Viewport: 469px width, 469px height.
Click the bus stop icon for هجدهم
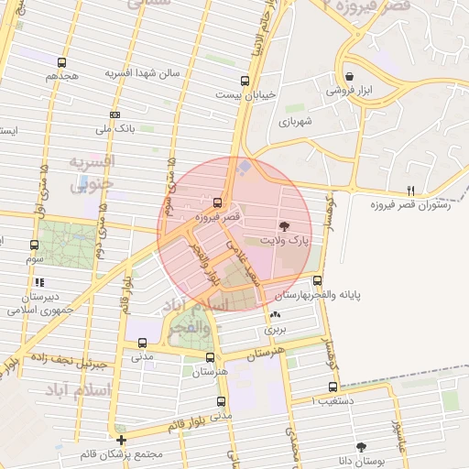point(60,63)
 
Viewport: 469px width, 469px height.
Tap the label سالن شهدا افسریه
point(142,72)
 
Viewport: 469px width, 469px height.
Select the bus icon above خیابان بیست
point(244,81)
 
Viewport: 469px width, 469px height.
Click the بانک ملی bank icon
point(115,115)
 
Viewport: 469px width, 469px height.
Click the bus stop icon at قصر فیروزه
point(217,202)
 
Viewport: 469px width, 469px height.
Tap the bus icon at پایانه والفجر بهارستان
point(318,280)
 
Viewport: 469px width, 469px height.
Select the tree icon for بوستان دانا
point(363,446)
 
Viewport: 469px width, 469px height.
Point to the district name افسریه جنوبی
point(90,171)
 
